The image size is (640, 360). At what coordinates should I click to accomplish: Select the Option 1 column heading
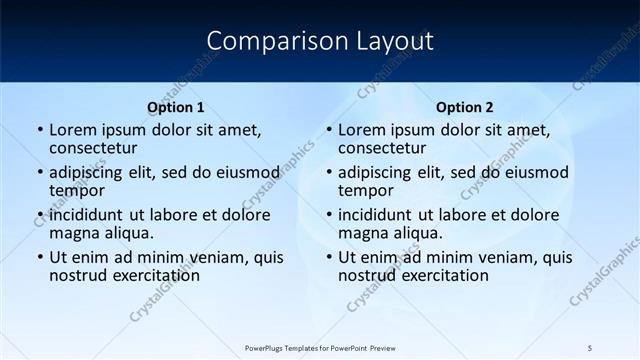(176, 107)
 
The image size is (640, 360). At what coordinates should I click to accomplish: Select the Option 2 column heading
(465, 107)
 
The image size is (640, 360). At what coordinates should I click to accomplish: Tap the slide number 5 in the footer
(590, 347)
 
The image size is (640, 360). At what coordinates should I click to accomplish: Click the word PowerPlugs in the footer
(267, 347)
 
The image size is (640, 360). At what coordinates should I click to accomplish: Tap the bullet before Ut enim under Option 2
(330, 257)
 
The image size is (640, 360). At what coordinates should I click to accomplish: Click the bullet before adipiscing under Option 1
(41, 172)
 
